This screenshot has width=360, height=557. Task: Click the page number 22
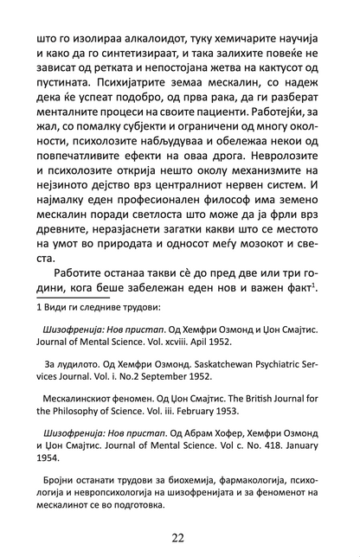179,538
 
